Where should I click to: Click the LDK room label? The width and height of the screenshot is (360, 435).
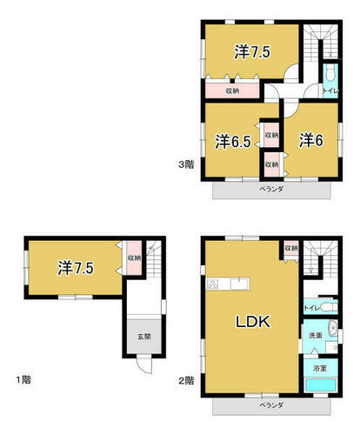click(253, 322)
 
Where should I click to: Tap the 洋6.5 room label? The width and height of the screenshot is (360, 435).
click(233, 141)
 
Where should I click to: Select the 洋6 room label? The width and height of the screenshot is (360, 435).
click(311, 140)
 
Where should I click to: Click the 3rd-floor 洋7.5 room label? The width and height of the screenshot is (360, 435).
click(252, 52)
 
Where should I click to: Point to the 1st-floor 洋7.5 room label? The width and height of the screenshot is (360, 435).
click(76, 268)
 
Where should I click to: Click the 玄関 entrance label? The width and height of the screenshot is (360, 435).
click(144, 337)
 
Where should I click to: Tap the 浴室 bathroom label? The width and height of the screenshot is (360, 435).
click(320, 368)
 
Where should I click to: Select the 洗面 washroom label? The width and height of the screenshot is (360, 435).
click(316, 335)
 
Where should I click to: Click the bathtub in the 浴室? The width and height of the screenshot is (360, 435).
click(321, 385)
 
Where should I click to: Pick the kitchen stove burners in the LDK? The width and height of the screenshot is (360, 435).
click(212, 284)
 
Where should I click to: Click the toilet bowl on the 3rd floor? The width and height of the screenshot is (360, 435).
click(330, 73)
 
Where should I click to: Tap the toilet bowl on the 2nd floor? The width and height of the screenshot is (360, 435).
click(329, 307)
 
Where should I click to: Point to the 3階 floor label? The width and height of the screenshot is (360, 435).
click(186, 164)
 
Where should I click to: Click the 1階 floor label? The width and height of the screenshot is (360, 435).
click(23, 379)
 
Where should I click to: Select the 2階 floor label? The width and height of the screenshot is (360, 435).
click(186, 380)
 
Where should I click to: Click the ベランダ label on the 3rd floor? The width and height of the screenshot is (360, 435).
click(271, 189)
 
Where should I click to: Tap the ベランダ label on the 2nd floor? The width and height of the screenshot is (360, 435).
click(271, 405)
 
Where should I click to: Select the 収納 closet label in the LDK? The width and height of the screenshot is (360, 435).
click(291, 248)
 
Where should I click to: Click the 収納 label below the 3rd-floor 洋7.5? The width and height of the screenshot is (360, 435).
click(232, 90)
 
